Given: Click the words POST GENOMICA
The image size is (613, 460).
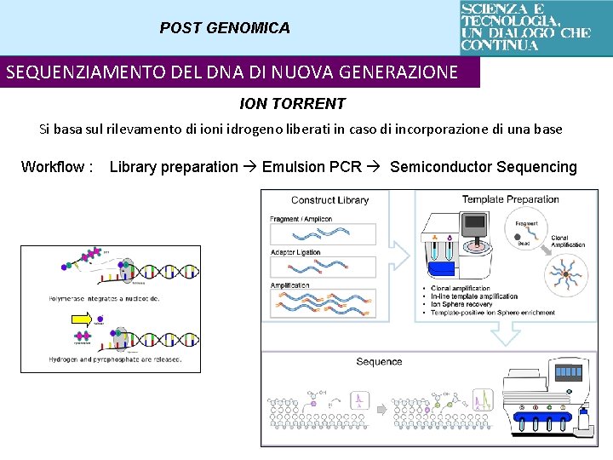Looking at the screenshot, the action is pos(225,28).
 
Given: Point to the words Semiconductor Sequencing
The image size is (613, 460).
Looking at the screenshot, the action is pos(483,167).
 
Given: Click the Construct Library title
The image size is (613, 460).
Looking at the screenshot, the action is pos(329,201).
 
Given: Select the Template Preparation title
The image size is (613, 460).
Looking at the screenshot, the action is pos(510,200).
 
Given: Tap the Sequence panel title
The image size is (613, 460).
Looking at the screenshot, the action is pos(379,362).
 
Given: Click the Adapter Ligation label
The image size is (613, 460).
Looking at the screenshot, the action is pos(295,252).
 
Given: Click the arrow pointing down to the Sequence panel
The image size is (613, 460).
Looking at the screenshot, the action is pos(507,334).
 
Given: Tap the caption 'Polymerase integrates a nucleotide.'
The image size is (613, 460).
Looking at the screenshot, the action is pos(104,298).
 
